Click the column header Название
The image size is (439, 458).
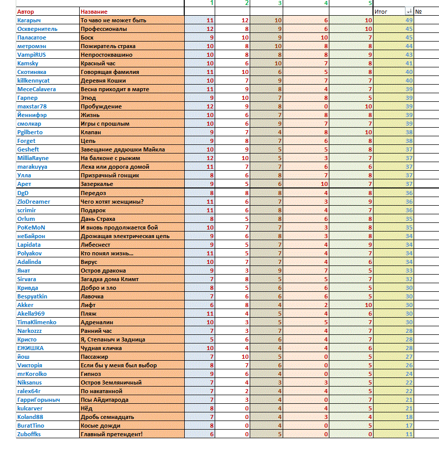coord(94,12)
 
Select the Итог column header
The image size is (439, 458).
coord(381,11)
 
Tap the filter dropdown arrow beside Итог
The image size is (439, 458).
coord(409,11)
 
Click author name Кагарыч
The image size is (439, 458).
coord(28,20)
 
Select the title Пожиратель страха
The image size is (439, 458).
coord(108,46)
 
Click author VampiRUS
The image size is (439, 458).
coord(32,55)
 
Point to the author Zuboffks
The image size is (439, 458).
coord(29,434)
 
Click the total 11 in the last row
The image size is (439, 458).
coord(409,434)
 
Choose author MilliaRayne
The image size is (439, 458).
coord(33,158)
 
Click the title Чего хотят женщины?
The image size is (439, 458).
coord(112,202)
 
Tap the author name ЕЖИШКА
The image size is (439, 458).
coord(30,348)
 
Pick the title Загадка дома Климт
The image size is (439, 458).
coord(110,279)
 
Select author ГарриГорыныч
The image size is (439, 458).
coord(39,400)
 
